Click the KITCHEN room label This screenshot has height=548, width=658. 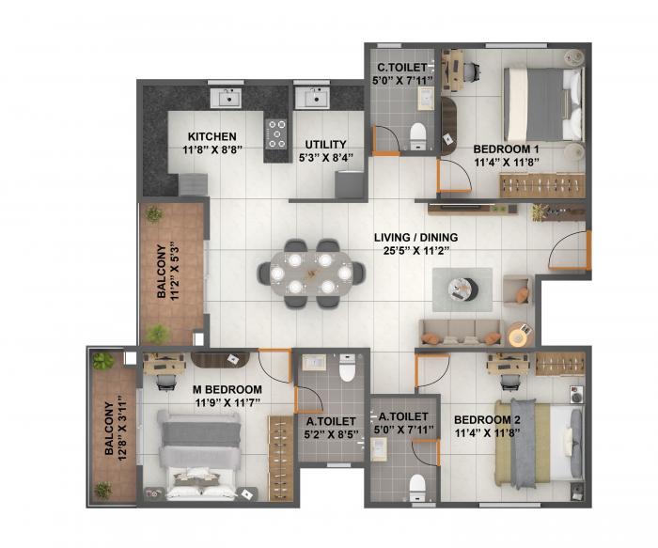click(x=212, y=136)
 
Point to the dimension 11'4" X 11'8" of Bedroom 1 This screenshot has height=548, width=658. click(x=506, y=162)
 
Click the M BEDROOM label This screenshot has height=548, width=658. click(x=227, y=389)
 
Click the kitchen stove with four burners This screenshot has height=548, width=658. click(x=276, y=133)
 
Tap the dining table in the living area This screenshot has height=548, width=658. click(x=311, y=273)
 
